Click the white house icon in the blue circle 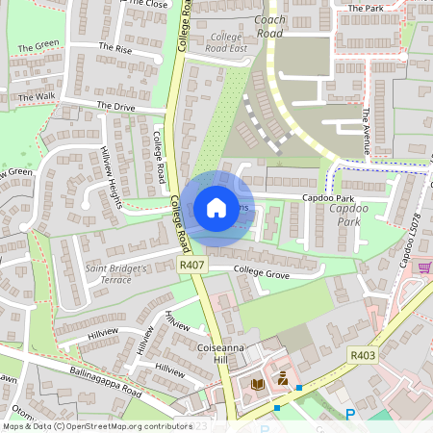click(216, 207)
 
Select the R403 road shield click(362, 355)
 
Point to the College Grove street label click(262, 274)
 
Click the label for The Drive click(115, 107)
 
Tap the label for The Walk click(37, 97)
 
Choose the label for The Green click(38, 46)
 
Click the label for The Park click(365, 9)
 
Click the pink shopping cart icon click(424, 267)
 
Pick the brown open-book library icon click(257, 383)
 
